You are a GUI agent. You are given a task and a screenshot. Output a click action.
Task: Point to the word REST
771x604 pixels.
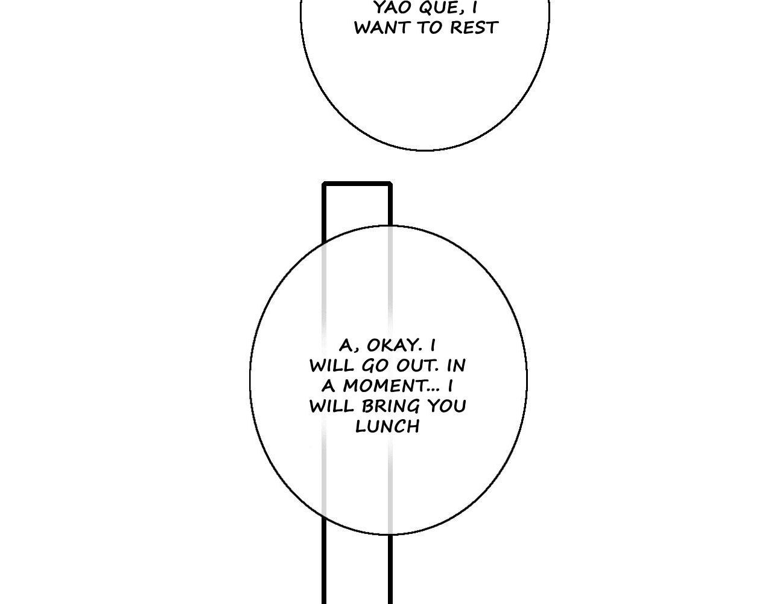point(474,28)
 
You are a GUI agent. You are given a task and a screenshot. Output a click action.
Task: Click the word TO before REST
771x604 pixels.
point(429,28)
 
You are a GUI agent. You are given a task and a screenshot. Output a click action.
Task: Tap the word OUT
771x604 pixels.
point(417,366)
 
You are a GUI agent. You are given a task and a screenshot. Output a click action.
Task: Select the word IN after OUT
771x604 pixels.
point(456,366)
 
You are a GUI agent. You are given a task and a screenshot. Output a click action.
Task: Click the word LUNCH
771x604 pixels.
point(387,426)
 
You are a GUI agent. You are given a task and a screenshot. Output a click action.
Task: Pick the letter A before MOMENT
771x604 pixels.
point(328,386)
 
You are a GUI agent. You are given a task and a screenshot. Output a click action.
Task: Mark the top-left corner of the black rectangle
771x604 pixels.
point(324,184)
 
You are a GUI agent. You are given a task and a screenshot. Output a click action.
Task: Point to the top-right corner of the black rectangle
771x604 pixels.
point(390,184)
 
